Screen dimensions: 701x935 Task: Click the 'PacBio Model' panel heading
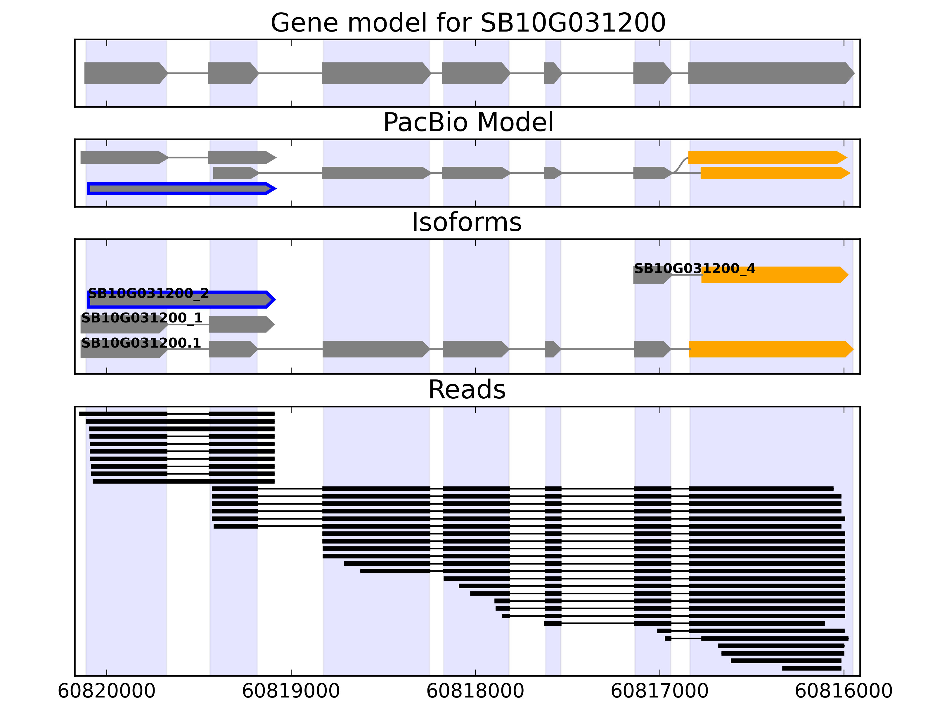[467, 123]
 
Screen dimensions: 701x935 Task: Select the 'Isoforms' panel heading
[467, 222]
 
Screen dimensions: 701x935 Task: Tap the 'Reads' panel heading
[467, 390]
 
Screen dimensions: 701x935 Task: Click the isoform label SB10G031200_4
[695, 268]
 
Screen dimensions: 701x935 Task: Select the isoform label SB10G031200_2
[148, 293]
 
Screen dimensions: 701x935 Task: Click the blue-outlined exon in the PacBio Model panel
[181, 188]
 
